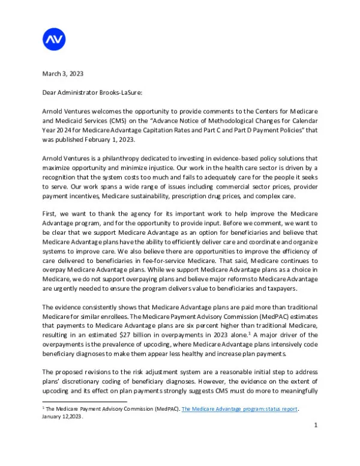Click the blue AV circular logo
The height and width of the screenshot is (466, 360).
[54, 40]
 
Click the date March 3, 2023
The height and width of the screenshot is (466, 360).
[62, 74]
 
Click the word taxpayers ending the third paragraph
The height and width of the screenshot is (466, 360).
[277, 288]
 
